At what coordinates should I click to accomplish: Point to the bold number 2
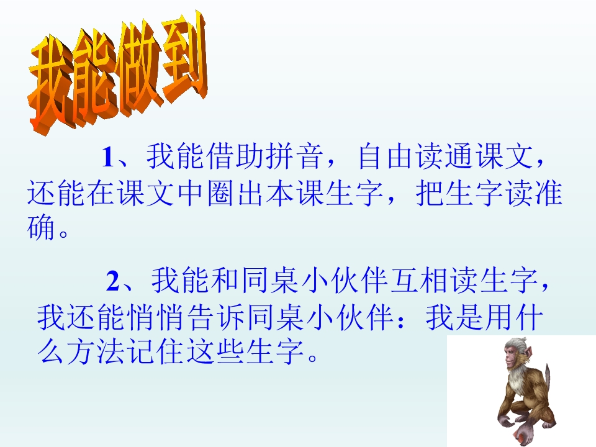click(x=112, y=282)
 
